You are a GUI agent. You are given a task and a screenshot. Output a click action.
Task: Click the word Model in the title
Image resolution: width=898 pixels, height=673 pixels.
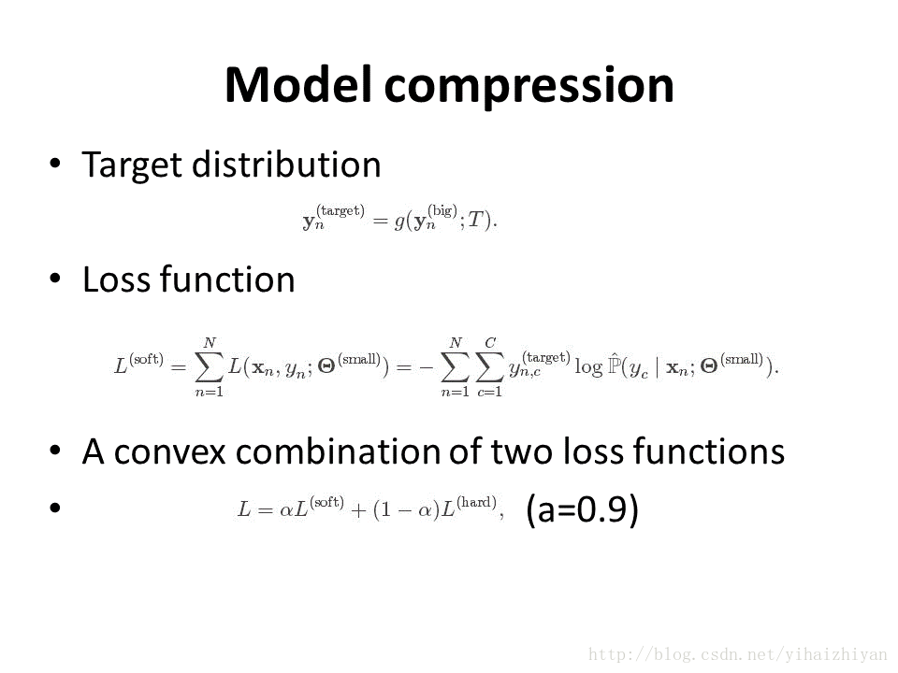pyautogui.click(x=297, y=85)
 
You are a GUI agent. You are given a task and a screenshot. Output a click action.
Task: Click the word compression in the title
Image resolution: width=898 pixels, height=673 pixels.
pyautogui.click(x=529, y=89)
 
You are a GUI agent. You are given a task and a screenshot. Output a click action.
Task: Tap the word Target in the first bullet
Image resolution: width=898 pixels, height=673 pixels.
pyautogui.click(x=132, y=166)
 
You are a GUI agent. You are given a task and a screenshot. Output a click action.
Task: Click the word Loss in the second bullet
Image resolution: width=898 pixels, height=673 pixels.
pyautogui.click(x=117, y=279)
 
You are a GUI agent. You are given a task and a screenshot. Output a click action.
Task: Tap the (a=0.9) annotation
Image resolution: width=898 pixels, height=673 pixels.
pyautogui.click(x=582, y=509)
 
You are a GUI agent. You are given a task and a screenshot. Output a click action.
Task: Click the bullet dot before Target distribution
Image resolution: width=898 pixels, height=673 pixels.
pyautogui.click(x=55, y=164)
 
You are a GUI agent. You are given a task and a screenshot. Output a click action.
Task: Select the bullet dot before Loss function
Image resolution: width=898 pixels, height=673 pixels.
pyautogui.click(x=55, y=279)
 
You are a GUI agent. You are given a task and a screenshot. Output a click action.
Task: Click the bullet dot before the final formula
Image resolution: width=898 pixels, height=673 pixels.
pyautogui.click(x=55, y=507)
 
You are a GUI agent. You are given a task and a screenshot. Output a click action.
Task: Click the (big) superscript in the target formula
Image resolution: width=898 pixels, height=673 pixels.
pyautogui.click(x=442, y=210)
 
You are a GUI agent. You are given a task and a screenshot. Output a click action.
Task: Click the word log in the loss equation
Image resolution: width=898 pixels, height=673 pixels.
pyautogui.click(x=588, y=366)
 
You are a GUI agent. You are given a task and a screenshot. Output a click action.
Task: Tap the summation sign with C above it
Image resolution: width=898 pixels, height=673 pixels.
pyautogui.click(x=489, y=366)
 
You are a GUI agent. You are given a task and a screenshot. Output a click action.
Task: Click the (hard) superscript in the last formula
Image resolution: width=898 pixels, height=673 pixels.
pyautogui.click(x=476, y=503)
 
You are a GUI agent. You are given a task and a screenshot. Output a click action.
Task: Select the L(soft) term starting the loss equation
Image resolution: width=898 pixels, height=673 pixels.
pyautogui.click(x=138, y=364)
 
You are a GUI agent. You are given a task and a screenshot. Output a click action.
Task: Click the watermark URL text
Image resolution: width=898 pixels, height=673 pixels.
pyautogui.click(x=738, y=654)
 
